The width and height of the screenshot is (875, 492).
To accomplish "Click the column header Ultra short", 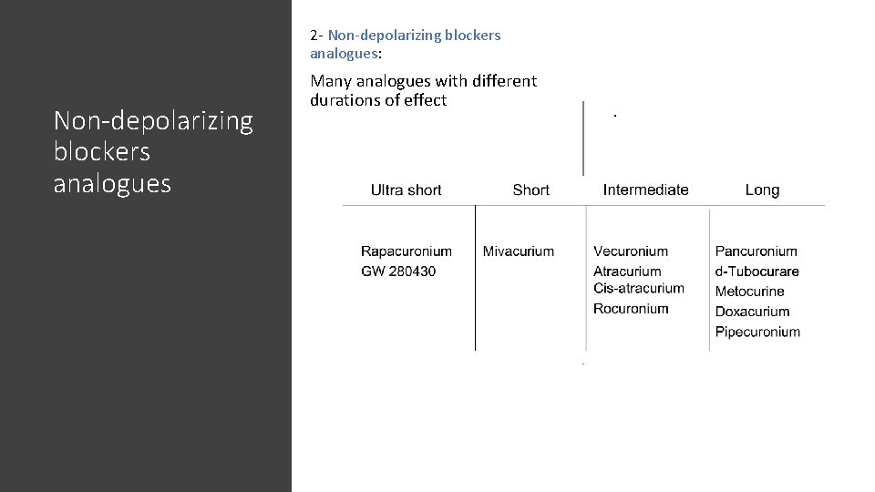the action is tap(406, 190).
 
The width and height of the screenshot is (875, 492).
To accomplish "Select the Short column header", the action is tap(530, 190).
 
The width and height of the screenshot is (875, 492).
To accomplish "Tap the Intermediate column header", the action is tap(645, 190).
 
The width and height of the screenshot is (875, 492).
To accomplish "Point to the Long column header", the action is tap(762, 190).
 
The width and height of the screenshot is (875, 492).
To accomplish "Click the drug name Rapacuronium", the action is tap(406, 251).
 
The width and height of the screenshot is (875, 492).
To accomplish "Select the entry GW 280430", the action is tap(398, 272).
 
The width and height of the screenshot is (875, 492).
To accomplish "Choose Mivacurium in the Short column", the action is tap(518, 251).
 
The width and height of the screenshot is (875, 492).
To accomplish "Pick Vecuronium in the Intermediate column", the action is tap(631, 251).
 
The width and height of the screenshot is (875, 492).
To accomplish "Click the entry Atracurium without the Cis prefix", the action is tap(627, 272).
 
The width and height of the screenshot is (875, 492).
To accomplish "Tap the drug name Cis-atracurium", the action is tap(638, 289).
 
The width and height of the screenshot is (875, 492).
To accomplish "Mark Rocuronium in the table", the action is tap(631, 309).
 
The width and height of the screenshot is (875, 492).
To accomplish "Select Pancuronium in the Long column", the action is tap(756, 251).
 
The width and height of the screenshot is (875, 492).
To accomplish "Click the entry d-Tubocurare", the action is tap(757, 272).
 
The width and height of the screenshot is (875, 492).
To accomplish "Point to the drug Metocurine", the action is tap(749, 292).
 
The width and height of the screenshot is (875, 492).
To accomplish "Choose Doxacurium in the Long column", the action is tap(752, 312).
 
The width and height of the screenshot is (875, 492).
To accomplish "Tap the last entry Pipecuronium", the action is tap(757, 332).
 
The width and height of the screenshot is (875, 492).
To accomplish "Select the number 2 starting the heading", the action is tap(314, 36).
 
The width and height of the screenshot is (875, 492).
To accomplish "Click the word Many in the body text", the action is tap(331, 80).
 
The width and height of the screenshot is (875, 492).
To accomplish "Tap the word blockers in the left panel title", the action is tap(102, 152).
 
